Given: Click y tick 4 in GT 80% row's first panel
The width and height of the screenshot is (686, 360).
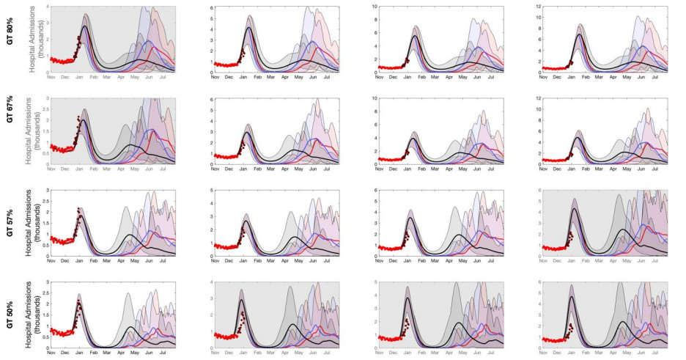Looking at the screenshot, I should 48,7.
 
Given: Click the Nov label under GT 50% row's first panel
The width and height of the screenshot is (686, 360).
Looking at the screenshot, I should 51,353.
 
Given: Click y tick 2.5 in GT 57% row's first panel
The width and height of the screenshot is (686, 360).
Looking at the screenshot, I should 45,202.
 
